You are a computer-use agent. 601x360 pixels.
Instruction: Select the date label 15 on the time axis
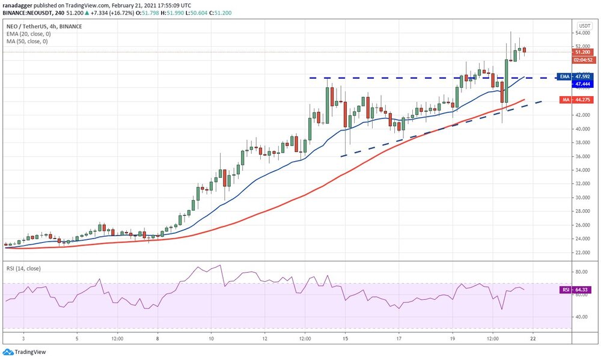pos(345,339)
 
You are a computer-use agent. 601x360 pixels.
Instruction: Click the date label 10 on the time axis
pos(212,339)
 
